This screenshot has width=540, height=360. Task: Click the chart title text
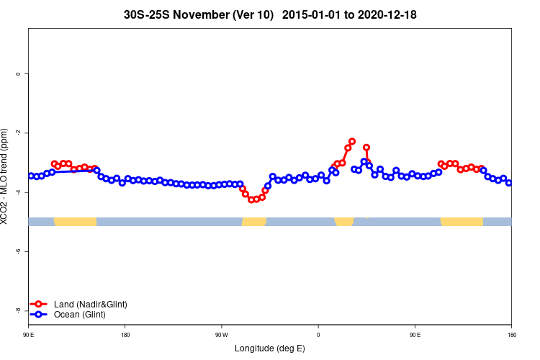pyautogui.click(x=270, y=14)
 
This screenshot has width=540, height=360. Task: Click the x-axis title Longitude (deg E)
pyautogui.click(x=269, y=348)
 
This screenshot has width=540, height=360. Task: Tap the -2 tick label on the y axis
pyautogui.click(x=18, y=132)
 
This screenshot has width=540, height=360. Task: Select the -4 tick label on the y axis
pyautogui.click(x=18, y=192)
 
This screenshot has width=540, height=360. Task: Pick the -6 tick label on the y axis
pyautogui.click(x=18, y=251)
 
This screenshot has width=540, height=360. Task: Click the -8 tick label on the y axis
pyautogui.click(x=18, y=310)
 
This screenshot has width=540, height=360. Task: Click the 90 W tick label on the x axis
pyautogui.click(x=221, y=335)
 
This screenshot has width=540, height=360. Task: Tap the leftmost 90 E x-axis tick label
pyautogui.click(x=28, y=335)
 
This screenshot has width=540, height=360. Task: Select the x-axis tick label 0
pyautogui.click(x=318, y=335)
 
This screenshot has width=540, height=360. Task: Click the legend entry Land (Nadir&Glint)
pyautogui.click(x=90, y=305)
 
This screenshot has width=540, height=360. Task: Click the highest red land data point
pyautogui.click(x=352, y=141)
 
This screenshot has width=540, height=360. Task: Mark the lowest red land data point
pyautogui.click(x=251, y=199)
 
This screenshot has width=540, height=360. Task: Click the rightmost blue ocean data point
pyautogui.click(x=509, y=183)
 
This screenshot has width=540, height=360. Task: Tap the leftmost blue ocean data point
pyautogui.click(x=31, y=176)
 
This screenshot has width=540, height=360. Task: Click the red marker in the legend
pyautogui.click(x=40, y=305)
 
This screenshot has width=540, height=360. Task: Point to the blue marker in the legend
pyautogui.click(x=40, y=315)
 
